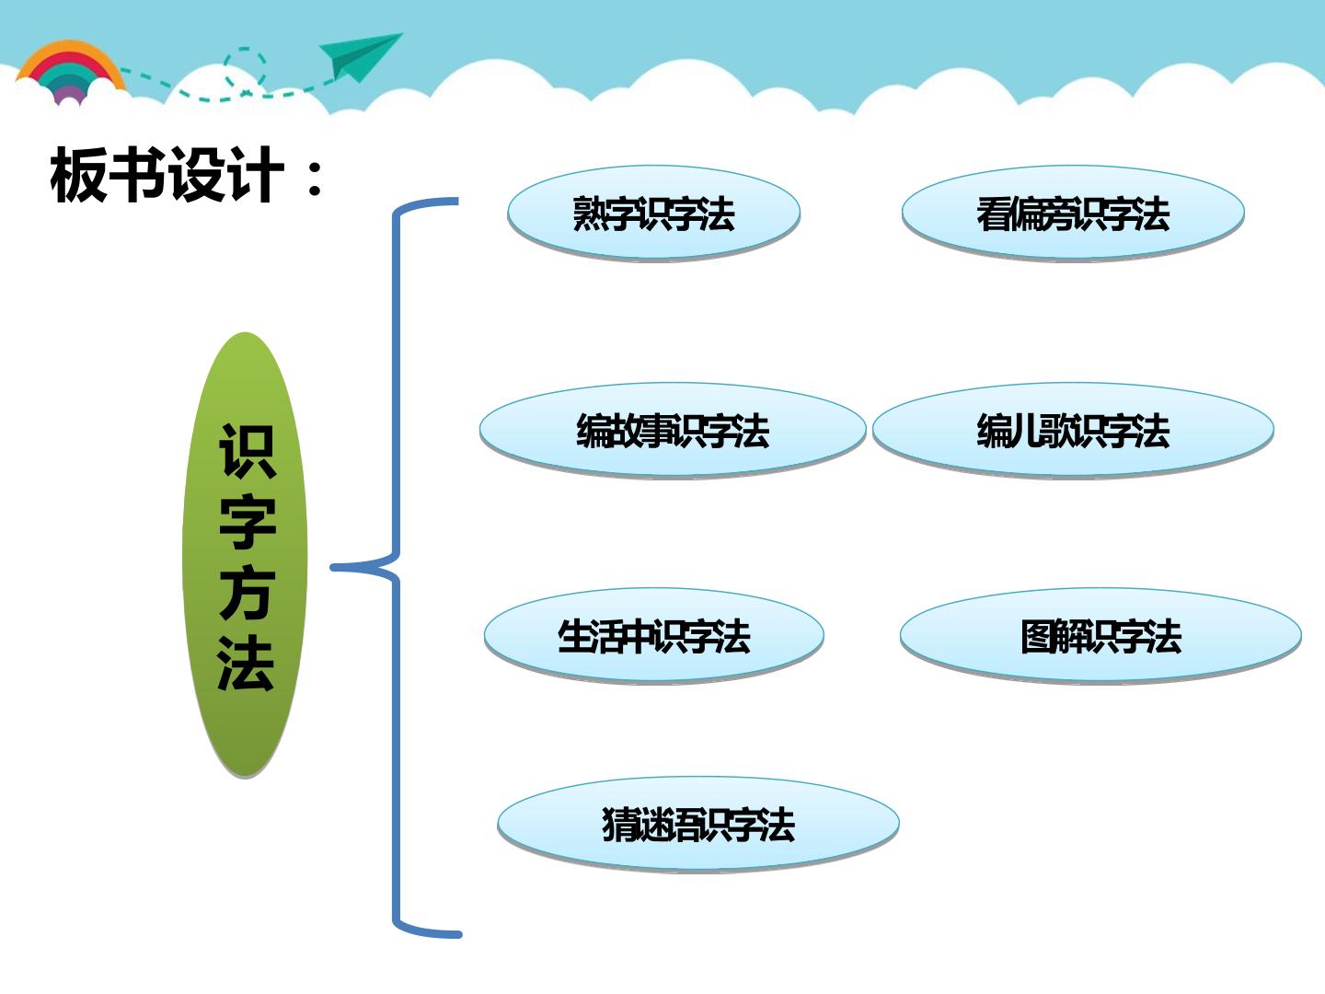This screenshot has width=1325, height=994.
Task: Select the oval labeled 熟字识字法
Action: (653, 213)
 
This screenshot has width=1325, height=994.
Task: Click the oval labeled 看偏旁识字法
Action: (1073, 213)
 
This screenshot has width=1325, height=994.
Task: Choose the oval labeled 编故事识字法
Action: (673, 431)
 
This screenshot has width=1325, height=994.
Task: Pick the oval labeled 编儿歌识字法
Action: (1073, 431)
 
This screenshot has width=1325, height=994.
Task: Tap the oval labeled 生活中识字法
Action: (653, 635)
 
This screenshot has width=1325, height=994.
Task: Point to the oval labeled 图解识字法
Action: (1100, 635)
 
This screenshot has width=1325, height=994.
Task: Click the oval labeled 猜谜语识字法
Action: (698, 824)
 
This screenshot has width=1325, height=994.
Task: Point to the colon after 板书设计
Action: (315, 179)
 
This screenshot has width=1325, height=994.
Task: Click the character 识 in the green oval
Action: (247, 451)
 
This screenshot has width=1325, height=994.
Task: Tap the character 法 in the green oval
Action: (246, 663)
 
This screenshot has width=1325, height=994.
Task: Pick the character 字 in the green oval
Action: (248, 522)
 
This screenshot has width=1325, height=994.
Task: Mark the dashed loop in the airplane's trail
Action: (245, 67)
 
